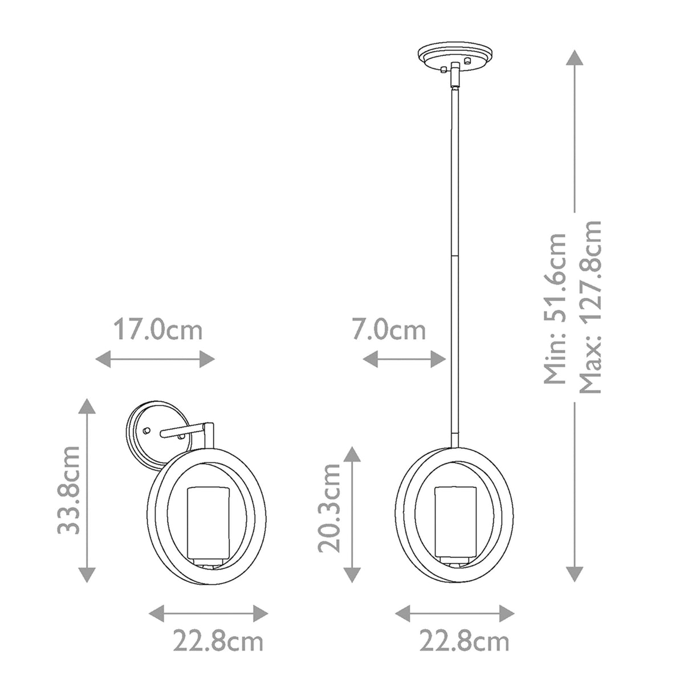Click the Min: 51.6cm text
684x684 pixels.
click(556, 308)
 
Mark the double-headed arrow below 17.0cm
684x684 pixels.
click(154, 359)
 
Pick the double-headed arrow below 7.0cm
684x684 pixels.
click(404, 359)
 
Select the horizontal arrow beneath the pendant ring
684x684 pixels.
click(455, 613)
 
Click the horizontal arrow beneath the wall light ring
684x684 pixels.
click(208, 613)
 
